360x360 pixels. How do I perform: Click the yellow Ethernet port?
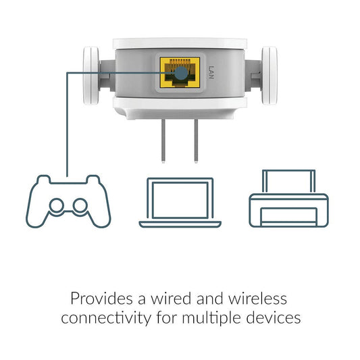pyautogui.click(x=180, y=72)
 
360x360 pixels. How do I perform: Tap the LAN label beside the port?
pyautogui.click(x=211, y=72)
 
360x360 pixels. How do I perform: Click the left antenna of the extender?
pyautogui.click(x=91, y=76)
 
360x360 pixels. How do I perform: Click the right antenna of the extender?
pyautogui.click(x=269, y=76)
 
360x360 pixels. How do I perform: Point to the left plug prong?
pyautogui.click(x=163, y=140)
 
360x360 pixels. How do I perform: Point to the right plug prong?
pyautogui.click(x=196, y=140)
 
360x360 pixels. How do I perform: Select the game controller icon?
pyautogui.click(x=68, y=201)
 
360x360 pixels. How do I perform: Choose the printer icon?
pyautogui.click(x=289, y=199)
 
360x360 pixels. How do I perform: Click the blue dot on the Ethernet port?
pyautogui.click(x=181, y=73)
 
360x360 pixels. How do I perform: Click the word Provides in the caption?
pyautogui.click(x=102, y=299)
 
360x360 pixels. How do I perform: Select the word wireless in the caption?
pyautogui.click(x=257, y=299)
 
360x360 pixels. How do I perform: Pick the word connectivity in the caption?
pyautogui.click(x=106, y=318)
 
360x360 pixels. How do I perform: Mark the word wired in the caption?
pyautogui.click(x=171, y=299)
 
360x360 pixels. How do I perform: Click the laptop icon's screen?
pyautogui.click(x=180, y=200)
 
